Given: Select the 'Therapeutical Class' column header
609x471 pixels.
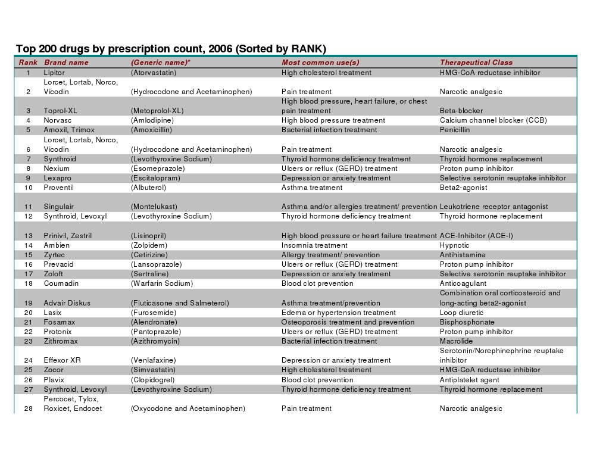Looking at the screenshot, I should click(x=476, y=63).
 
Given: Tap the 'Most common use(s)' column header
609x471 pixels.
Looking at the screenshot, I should click(x=320, y=63).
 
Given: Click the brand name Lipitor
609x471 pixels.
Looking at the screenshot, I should click(x=54, y=73).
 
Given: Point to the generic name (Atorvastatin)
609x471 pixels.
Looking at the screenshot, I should click(x=154, y=73).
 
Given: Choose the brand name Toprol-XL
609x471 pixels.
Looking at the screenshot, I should click(x=60, y=111).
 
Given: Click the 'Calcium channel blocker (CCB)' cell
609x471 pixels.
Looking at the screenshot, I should click(x=493, y=120).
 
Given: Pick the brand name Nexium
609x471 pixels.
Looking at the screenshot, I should click(x=56, y=169).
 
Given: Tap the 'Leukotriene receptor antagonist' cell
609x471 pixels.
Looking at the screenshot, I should click(x=494, y=207).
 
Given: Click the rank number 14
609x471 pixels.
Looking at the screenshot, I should click(x=28, y=245).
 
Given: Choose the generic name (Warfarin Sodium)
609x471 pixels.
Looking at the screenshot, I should click(x=162, y=283).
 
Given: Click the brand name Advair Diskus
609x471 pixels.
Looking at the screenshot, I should click(x=67, y=303).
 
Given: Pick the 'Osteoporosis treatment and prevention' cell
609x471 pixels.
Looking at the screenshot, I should click(x=348, y=322).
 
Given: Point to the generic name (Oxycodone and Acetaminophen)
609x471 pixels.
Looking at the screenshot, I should click(x=188, y=408).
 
